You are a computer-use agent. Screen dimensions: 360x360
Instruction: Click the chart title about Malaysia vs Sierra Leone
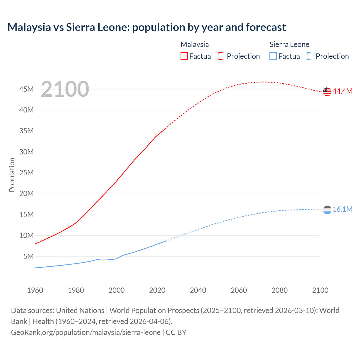pyautogui.click(x=147, y=27)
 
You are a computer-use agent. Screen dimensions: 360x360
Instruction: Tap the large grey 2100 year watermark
pyautogui.click(x=65, y=89)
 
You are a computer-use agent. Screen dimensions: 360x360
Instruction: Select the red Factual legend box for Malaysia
pyautogui.click(x=184, y=56)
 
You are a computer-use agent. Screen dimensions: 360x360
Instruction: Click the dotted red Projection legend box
pyautogui.click(x=222, y=56)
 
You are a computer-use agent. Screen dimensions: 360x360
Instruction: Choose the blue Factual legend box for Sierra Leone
pyautogui.click(x=273, y=56)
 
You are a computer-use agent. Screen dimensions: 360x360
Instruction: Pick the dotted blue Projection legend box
pyautogui.click(x=310, y=56)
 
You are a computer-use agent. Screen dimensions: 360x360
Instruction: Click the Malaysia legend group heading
pyautogui.click(x=195, y=44)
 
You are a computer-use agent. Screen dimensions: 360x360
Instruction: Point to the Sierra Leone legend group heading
pyautogui.click(x=289, y=44)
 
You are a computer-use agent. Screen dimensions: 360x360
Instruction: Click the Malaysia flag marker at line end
pyautogui.click(x=327, y=91)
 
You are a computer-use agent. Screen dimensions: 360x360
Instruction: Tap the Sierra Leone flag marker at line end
pyautogui.click(x=327, y=210)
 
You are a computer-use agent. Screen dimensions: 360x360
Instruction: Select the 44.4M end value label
pyautogui.click(x=342, y=91)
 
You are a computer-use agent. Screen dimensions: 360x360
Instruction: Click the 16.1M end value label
pyautogui.click(x=342, y=209)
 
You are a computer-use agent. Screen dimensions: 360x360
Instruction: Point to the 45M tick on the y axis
pyautogui.click(x=26, y=89)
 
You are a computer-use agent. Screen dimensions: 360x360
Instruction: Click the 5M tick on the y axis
pyautogui.click(x=28, y=256)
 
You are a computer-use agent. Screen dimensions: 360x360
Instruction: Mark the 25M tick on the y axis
pyautogui.click(x=26, y=173)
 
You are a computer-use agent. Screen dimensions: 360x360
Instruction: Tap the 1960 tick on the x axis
pyautogui.click(x=35, y=290)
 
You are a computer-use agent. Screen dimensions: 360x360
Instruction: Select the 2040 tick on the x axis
pyautogui.click(x=198, y=290)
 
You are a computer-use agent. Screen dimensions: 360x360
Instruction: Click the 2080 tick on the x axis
pyautogui.click(x=280, y=290)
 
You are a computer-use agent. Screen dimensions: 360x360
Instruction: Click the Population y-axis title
pyautogui.click(x=12, y=175)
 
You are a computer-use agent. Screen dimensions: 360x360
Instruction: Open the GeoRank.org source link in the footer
pyautogui.click(x=86, y=332)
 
